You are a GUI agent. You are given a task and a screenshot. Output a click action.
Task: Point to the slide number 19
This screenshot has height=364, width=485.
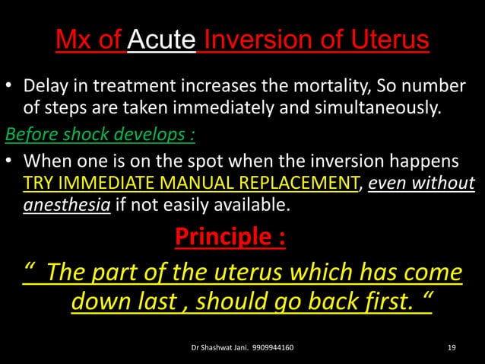point(452,348)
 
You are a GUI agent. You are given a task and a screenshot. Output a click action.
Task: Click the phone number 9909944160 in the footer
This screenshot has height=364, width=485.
point(268,348)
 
